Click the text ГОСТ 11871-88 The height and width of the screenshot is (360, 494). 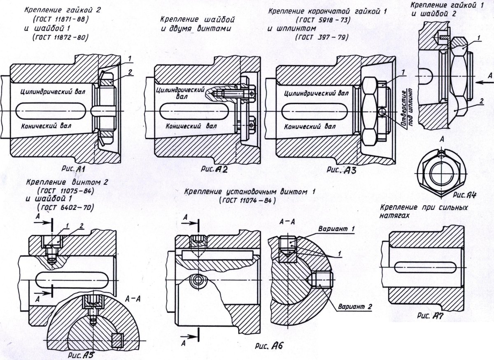tap(60, 19)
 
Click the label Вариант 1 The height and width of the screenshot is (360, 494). tap(334, 229)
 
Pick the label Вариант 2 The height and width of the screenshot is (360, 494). tap(355, 307)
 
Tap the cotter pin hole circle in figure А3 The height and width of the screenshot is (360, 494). tap(382, 112)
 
